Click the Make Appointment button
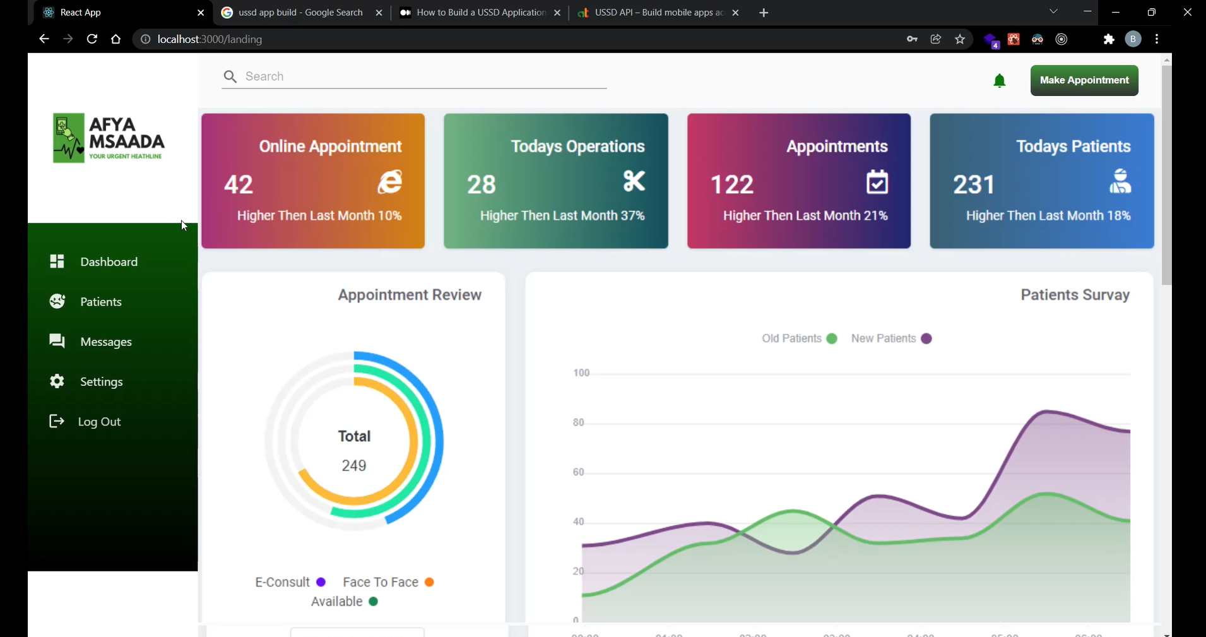coord(1084,80)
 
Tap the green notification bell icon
coord(999,81)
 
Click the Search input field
coord(423,76)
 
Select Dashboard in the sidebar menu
coord(109,261)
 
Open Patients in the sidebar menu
coord(101,302)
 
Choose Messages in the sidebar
coord(106,342)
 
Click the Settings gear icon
coord(57,381)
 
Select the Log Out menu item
coord(99,422)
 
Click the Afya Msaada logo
coord(109,138)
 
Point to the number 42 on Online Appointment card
coord(239,184)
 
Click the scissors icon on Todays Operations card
coord(634,181)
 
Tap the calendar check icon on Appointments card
coord(877,182)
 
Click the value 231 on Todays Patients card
coord(974,184)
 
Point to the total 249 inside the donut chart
coord(354,465)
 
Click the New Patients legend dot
coord(926,338)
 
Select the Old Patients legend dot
coord(831,338)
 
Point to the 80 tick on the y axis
coord(578,422)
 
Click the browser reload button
coord(92,39)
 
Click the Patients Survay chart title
coord(1075,295)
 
